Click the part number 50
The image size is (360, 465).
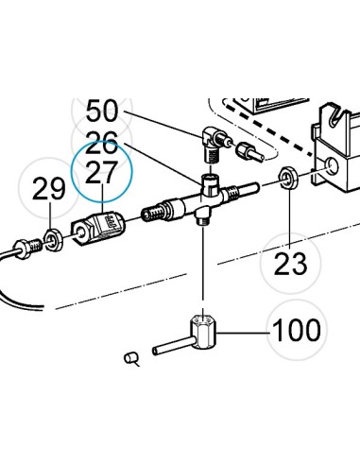click(102, 111)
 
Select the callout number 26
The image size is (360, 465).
click(101, 143)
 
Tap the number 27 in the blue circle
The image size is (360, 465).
click(101, 172)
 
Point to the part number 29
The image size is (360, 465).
click(49, 188)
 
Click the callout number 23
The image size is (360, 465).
click(290, 263)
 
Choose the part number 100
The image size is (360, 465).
click(297, 330)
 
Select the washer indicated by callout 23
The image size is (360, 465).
click(289, 179)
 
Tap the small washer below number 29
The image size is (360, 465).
click(54, 240)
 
